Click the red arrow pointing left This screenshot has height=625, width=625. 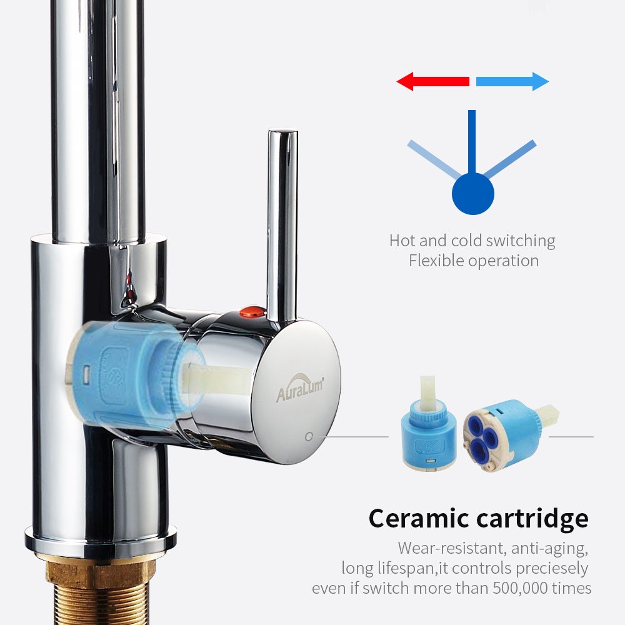point(432,81)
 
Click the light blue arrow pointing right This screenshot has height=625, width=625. point(512,81)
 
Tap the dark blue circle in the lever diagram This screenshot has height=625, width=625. point(472,194)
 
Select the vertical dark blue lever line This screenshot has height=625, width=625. point(472,141)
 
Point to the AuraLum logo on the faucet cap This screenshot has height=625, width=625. point(300,388)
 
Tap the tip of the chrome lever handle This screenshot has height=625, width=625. point(282,131)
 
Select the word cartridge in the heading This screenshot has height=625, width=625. point(532,518)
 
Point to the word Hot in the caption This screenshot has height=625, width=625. point(402,241)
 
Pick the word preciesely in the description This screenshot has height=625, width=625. point(552,568)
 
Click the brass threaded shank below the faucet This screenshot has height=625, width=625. point(99,590)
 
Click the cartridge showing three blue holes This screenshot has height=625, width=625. point(510,434)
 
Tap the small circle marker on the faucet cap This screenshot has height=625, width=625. point(309,436)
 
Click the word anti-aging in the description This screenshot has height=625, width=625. point(549,549)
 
